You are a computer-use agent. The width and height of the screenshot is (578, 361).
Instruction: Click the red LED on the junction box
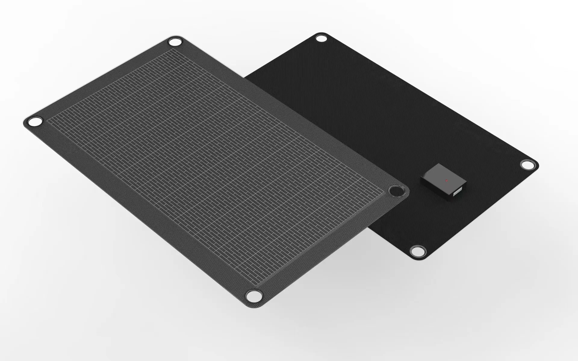[446, 180]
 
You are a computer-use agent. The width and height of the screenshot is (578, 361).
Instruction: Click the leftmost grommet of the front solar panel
[35, 122]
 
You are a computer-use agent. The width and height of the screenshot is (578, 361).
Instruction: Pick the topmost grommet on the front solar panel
[175, 42]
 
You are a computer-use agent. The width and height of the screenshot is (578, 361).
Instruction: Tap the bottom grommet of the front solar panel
[253, 295]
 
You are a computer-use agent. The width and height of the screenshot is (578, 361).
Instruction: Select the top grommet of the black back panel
[321, 39]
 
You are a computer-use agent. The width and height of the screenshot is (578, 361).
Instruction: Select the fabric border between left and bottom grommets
[141, 211]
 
